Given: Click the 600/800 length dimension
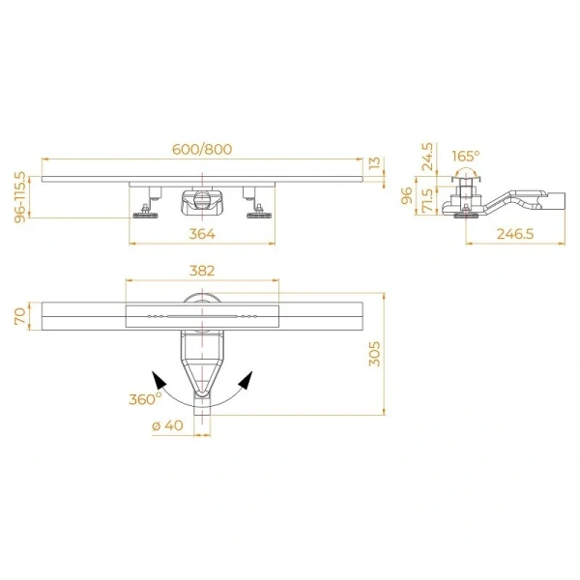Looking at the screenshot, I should coord(202,150).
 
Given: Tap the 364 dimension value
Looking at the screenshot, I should coord(202,233).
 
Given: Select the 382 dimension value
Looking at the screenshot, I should coord(202,272).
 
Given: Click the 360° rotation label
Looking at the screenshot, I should coord(145,398).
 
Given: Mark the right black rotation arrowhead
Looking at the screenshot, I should coord(246,379).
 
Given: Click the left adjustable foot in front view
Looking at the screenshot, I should coord(147,208).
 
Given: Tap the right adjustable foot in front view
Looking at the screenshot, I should coord(258,208).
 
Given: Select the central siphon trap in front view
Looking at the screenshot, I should coord(201,203).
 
